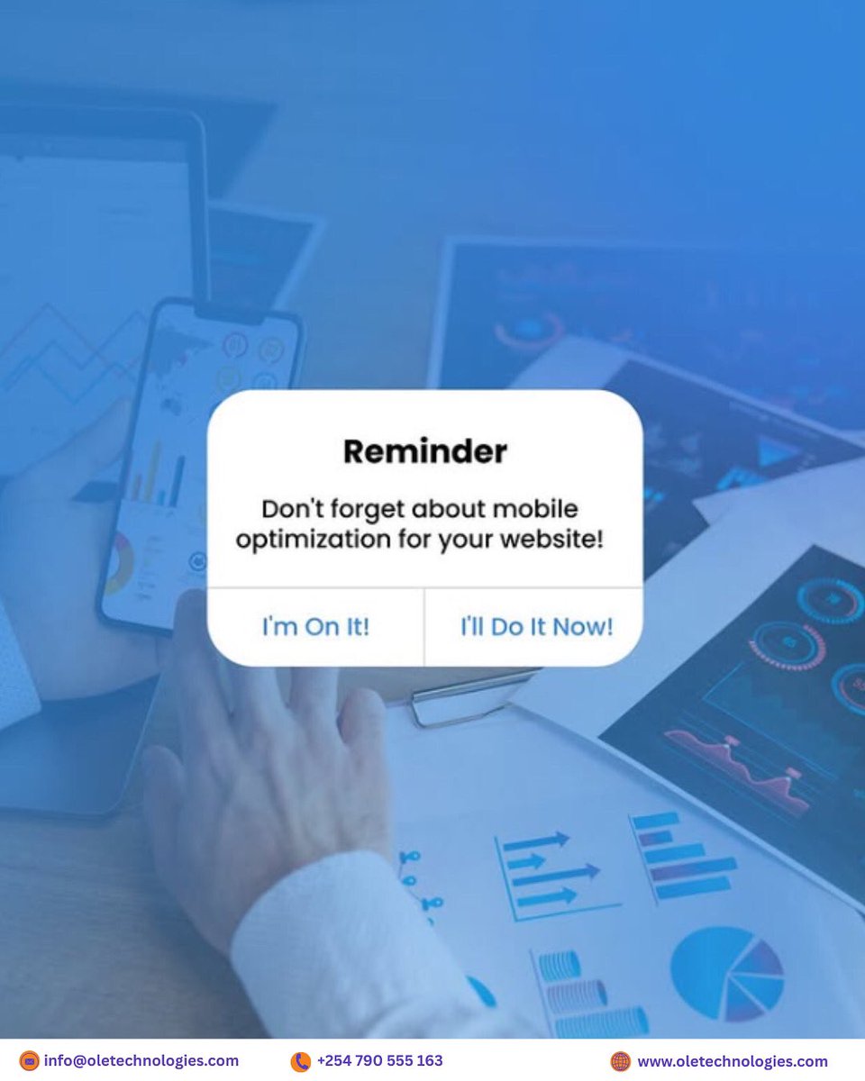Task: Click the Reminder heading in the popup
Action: click(424, 451)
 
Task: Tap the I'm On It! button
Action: click(315, 627)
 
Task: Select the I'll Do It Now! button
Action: click(536, 627)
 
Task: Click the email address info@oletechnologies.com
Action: click(141, 1060)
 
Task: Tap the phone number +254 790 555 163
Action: click(379, 1060)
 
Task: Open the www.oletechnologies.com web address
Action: click(732, 1061)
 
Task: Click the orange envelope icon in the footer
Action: click(30, 1061)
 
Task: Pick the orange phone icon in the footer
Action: click(300, 1061)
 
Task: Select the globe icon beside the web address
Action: click(621, 1061)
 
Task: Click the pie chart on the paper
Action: click(726, 973)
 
